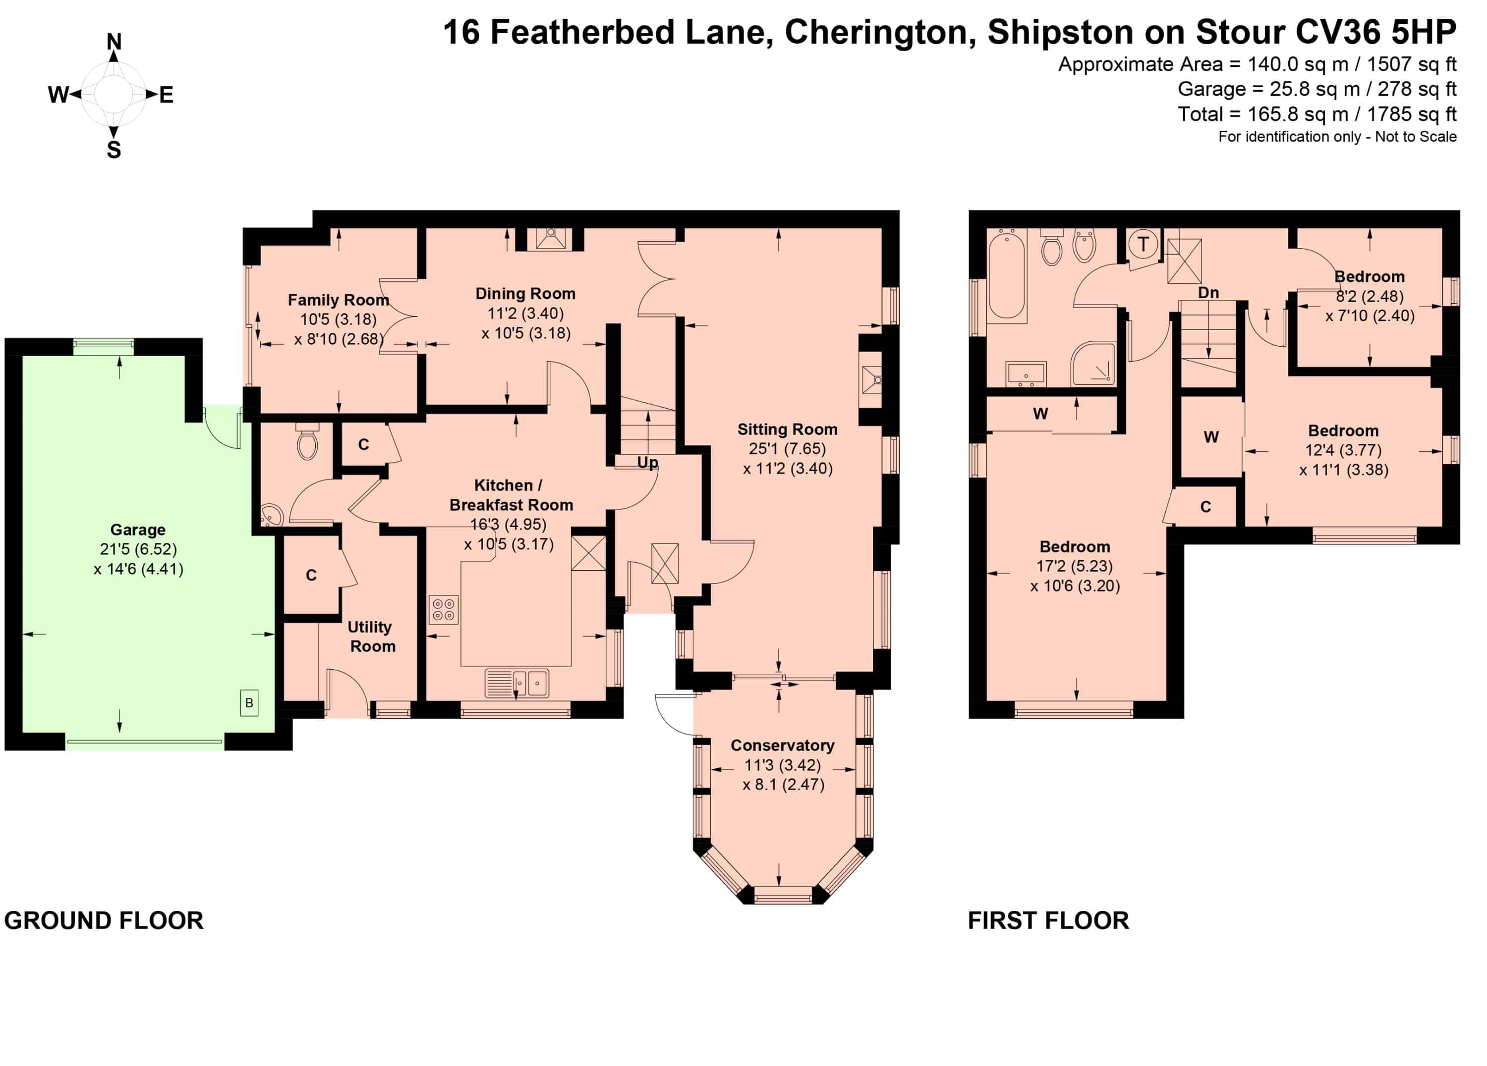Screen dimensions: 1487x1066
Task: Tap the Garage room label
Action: click(x=138, y=530)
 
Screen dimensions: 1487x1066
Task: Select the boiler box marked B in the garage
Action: click(x=249, y=703)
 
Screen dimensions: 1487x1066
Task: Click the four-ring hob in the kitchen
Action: click(x=444, y=610)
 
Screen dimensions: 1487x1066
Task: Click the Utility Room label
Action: click(x=372, y=636)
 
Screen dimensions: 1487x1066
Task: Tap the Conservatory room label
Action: click(x=782, y=745)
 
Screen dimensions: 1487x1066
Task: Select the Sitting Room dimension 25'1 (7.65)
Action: click(x=788, y=449)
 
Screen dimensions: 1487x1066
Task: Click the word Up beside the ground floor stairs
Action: click(x=648, y=463)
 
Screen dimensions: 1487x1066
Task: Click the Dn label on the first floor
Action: click(x=1208, y=293)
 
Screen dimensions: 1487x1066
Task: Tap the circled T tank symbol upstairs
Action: click(x=1144, y=244)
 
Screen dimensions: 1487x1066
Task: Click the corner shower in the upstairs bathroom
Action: click(x=1093, y=364)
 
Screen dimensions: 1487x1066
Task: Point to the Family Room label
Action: click(x=339, y=300)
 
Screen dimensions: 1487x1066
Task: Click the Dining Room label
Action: click(x=525, y=294)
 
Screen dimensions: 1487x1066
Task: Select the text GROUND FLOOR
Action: click(x=104, y=920)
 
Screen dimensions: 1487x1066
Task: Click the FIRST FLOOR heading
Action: click(x=1048, y=920)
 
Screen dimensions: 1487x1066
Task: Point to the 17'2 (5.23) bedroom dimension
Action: click(x=1075, y=566)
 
